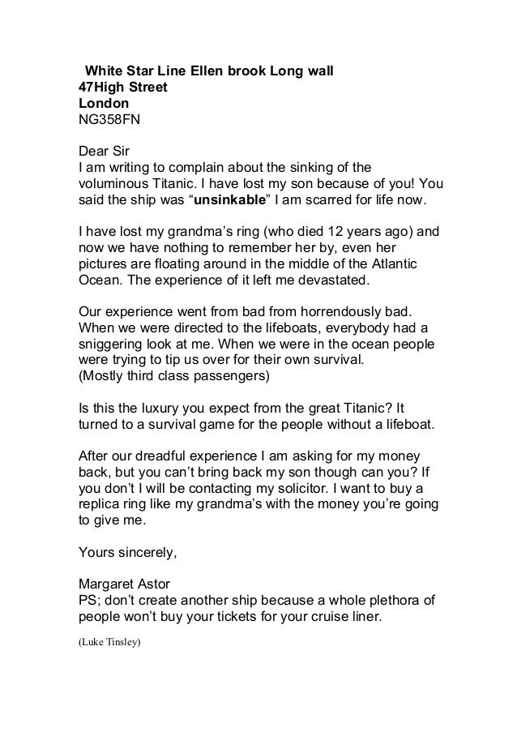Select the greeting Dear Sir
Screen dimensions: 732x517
point(103,151)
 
